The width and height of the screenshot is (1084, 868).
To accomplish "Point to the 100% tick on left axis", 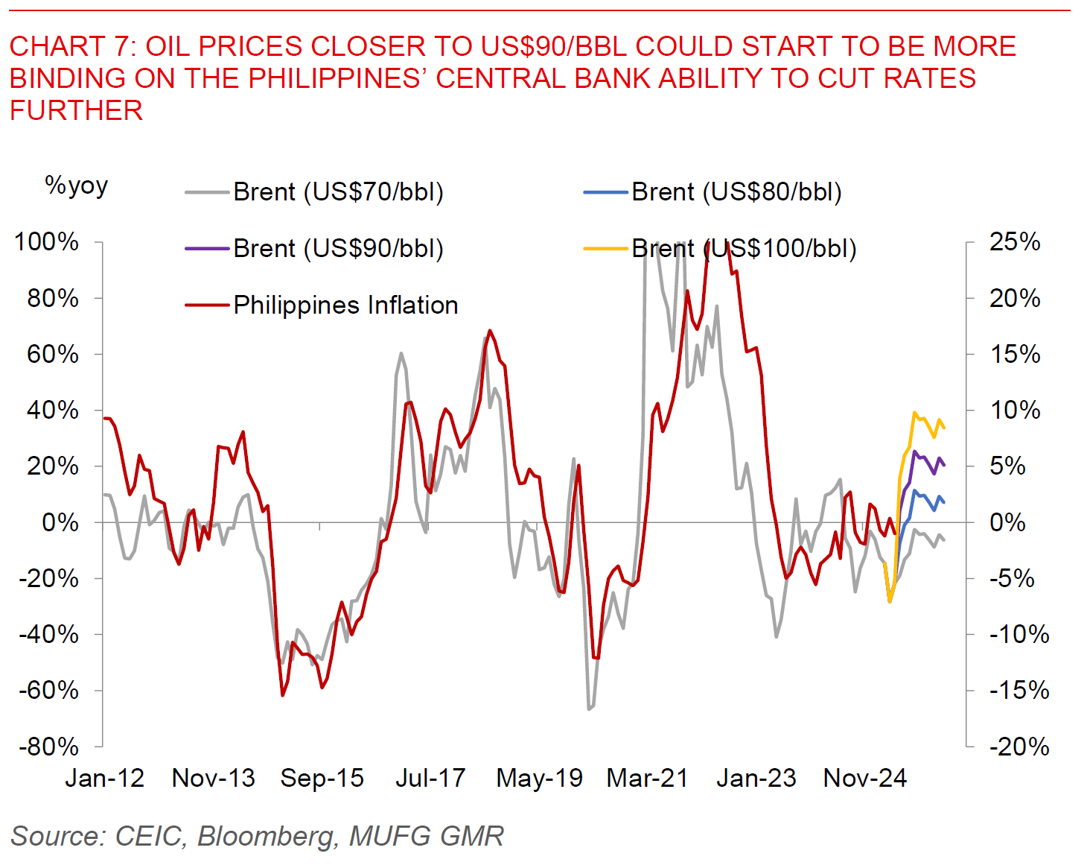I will click(47, 241).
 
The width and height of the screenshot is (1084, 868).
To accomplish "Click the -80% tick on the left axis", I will click(47, 746).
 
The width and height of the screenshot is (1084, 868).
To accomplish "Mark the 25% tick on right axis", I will click(1014, 241).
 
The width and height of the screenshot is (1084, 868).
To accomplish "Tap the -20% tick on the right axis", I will click(1018, 746).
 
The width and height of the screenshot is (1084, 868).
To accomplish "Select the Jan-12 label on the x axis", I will click(105, 779).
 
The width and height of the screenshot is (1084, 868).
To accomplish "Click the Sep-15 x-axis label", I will click(322, 779).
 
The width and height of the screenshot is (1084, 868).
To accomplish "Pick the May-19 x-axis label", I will click(540, 779).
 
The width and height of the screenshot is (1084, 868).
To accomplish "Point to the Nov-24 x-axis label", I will click(865, 779).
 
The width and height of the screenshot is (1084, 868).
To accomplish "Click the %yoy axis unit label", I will click(77, 185).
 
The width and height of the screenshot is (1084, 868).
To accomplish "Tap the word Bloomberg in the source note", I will click(265, 836).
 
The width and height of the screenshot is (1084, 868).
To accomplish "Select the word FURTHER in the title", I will click(76, 110).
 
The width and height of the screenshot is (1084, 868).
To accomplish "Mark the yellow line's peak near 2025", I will click(914, 413).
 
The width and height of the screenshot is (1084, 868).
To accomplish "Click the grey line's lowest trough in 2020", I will click(589, 709).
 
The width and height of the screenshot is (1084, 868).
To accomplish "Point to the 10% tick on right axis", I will click(1014, 410).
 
